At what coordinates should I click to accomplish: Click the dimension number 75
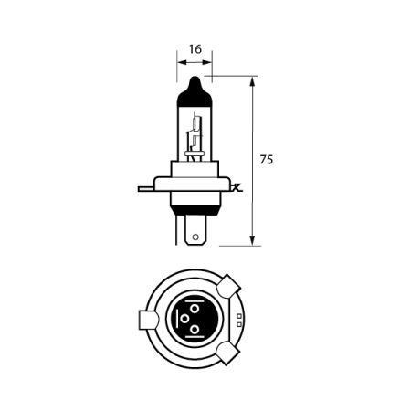coord(267,160)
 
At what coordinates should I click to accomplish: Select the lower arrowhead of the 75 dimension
coord(250,241)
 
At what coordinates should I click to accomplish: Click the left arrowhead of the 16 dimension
coord(180,63)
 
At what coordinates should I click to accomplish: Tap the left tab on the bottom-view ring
coord(145,321)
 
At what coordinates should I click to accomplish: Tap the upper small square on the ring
coord(238,317)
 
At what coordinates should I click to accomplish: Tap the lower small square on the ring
coord(238,324)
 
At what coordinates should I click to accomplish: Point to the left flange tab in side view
coord(145,189)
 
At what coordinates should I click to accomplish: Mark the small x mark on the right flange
coord(237,187)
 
